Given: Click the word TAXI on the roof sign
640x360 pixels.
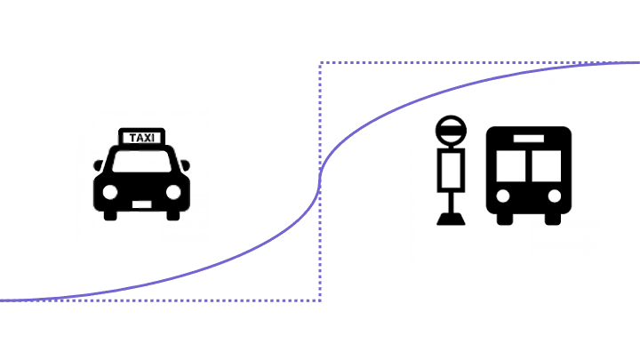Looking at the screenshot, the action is click(141, 138).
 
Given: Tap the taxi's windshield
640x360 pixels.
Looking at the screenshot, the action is click(141, 162).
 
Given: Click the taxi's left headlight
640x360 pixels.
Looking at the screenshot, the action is click(110, 192).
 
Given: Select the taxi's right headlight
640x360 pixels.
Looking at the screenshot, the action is click(173, 192).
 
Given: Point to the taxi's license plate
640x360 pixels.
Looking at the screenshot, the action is click(141, 204).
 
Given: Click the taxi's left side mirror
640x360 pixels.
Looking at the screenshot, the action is click(98, 165).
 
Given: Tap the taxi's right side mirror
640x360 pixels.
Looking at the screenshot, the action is click(185, 165).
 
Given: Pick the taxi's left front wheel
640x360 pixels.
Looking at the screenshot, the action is click(110, 215).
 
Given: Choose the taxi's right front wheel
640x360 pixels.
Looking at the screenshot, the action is click(173, 215).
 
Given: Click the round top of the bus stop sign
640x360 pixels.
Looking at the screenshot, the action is click(451, 131).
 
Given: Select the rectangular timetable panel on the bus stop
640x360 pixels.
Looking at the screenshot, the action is click(451, 170).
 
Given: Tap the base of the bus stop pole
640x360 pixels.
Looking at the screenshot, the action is click(451, 220).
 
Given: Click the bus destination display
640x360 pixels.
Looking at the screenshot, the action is click(529, 139).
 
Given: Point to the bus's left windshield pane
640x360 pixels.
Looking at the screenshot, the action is click(511, 166).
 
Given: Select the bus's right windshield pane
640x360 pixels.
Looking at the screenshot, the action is click(547, 166).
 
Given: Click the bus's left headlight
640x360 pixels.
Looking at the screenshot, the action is click(503, 196).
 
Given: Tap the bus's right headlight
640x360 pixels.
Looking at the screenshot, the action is click(555, 196).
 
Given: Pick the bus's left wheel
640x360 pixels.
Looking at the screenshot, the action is click(505, 219).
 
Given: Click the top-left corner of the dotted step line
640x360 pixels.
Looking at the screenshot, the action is click(320, 63).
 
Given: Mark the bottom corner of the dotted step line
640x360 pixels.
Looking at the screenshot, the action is click(320, 300).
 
